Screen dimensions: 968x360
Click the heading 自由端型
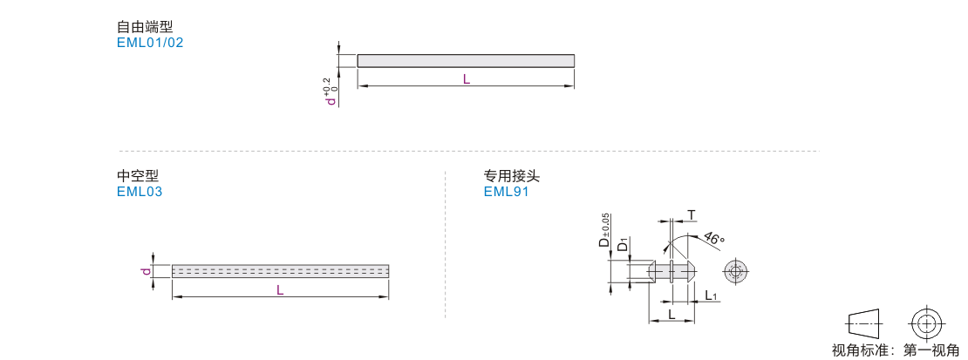[x=145, y=27]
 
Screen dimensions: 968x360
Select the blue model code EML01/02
[x=150, y=44]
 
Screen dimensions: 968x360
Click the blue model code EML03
[x=140, y=192]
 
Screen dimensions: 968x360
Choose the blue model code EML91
[x=506, y=192]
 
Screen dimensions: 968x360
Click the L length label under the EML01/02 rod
[x=466, y=79]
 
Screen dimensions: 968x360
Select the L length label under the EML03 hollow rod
[x=280, y=289]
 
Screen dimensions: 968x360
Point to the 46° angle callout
[x=713, y=240]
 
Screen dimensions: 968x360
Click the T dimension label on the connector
[x=692, y=215]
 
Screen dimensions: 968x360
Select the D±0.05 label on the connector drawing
[x=603, y=230]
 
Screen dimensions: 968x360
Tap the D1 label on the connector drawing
[x=624, y=244]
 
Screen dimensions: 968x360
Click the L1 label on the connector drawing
[x=711, y=296]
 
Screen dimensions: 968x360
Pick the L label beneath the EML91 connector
[x=671, y=315]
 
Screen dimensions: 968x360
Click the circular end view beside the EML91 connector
[x=735, y=272]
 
